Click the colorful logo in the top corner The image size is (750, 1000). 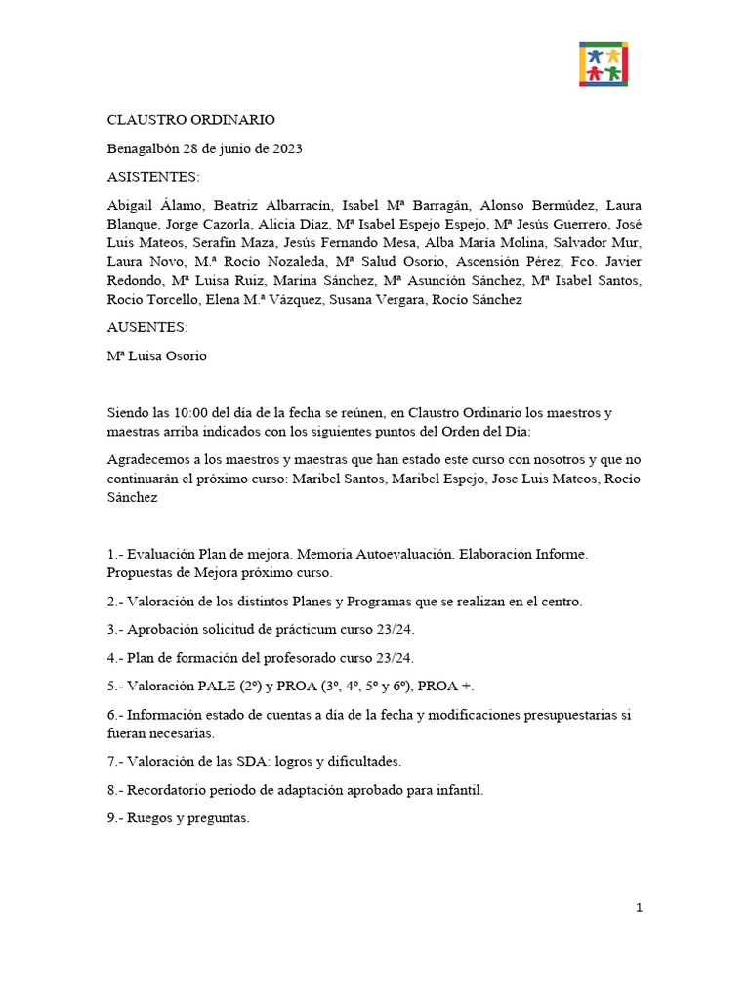tap(604, 64)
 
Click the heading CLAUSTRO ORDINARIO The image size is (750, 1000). tap(191, 120)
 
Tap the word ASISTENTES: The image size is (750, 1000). tap(152, 178)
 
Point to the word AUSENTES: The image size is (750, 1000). tap(147, 328)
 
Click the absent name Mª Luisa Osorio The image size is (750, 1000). tap(157, 356)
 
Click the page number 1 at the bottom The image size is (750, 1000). tap(639, 908)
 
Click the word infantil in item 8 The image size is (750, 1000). tap(459, 789)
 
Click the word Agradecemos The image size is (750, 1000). tap(150, 459)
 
